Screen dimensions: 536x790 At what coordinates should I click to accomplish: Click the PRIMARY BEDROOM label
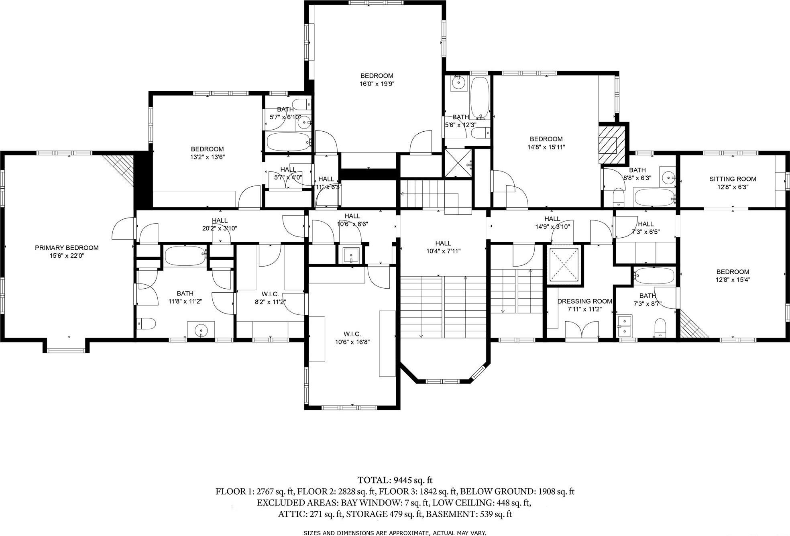click(67, 248)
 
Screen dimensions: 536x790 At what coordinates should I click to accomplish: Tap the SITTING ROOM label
click(733, 179)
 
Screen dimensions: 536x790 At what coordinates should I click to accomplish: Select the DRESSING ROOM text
click(584, 301)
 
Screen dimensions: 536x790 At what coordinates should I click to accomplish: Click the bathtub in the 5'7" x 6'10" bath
click(289, 141)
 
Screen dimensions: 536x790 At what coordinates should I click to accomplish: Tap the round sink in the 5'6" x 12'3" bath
click(458, 83)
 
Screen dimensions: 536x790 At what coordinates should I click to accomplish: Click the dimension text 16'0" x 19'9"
click(377, 84)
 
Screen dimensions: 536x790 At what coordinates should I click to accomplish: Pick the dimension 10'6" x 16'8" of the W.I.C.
click(352, 342)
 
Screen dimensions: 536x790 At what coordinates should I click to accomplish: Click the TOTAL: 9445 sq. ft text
click(395, 480)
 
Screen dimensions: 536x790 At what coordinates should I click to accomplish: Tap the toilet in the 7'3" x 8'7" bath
click(660, 327)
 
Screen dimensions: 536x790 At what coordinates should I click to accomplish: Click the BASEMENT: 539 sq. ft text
click(469, 514)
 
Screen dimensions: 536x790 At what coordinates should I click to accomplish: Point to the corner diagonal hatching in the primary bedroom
click(121, 167)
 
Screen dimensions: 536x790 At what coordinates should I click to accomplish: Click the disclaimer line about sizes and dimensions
click(395, 533)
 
